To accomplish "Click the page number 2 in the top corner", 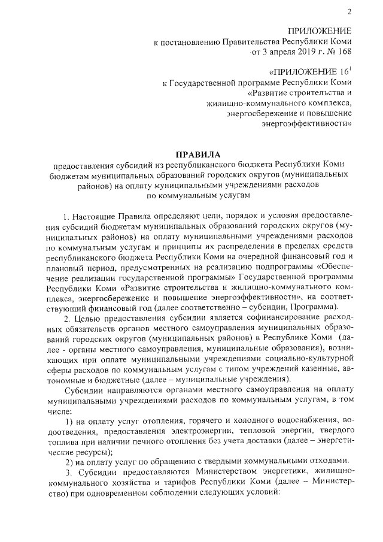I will (x=349, y=13).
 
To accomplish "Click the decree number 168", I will (x=344, y=52).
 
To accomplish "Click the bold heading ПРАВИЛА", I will (x=192, y=155).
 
